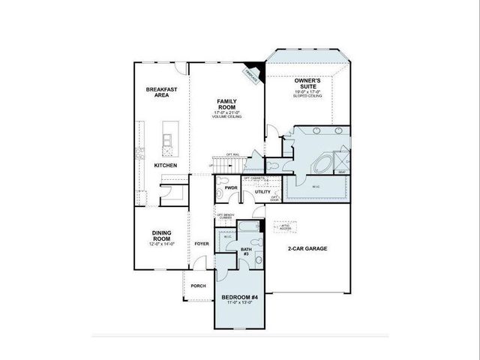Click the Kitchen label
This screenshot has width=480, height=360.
point(166,165)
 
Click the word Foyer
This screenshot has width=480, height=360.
point(201,244)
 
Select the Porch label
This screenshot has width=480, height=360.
point(199,286)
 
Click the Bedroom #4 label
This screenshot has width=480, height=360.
point(241,297)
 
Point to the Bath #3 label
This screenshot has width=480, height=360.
point(246,252)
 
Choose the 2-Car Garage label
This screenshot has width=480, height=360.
point(307,248)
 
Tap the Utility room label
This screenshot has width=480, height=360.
point(262,192)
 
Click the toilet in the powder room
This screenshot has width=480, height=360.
point(222,182)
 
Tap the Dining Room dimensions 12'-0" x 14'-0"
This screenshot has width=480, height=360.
point(163,244)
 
